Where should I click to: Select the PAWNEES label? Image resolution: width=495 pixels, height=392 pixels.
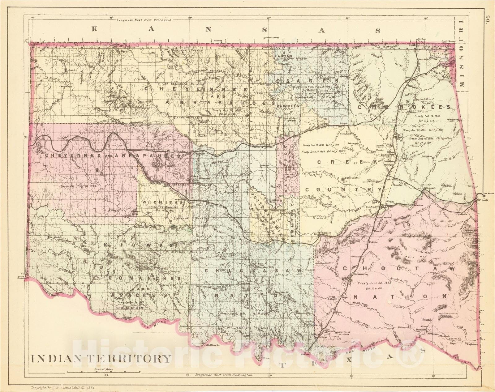pyautogui.click(x=288, y=105)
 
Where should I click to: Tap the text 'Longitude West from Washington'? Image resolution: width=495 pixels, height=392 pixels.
pyautogui.click(x=225, y=375)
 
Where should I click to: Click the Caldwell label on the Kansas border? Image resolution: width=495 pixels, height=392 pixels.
pyautogui.click(x=218, y=40)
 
